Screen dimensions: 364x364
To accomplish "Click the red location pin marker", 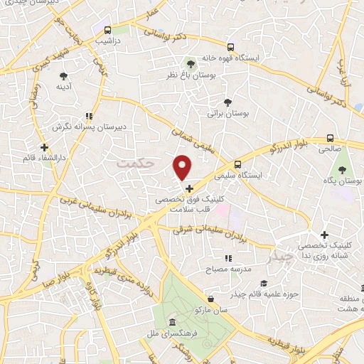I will [183, 167].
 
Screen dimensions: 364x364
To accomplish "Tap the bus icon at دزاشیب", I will [107, 31].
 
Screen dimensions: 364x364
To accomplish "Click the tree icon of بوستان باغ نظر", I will [190, 65].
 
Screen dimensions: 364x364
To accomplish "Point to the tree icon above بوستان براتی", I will [228, 102].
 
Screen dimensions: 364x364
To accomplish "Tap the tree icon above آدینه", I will [63, 75].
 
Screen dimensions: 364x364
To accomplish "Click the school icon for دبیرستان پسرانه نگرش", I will [89, 116].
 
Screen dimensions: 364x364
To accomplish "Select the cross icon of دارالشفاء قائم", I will [44, 146].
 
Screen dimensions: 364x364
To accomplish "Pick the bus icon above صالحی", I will [330, 139].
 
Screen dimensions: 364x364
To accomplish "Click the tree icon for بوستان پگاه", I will [342, 170].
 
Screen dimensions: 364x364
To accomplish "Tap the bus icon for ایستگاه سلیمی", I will [237, 164].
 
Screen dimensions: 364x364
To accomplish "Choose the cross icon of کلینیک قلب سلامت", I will [189, 189].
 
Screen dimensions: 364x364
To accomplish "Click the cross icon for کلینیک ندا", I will [324, 235].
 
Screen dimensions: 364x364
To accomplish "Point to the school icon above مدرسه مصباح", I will [228, 259].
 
